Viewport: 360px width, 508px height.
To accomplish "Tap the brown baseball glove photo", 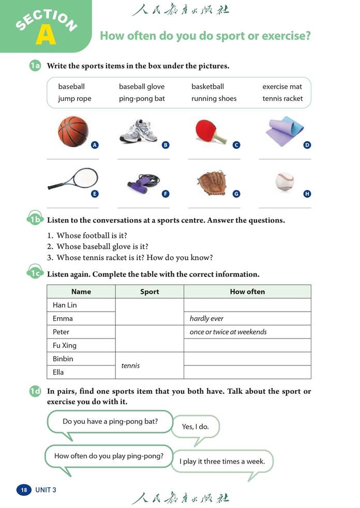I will tap(212, 181).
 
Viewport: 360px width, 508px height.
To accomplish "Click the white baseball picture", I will tap(284, 181).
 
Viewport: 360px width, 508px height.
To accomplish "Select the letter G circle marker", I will tap(236, 194).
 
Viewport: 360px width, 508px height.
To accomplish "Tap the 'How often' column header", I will tap(247, 291).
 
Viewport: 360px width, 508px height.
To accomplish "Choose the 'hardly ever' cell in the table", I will tap(207, 318).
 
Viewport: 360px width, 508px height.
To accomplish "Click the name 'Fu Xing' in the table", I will tap(65, 345).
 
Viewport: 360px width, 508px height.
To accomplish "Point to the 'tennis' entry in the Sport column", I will tap(130, 365).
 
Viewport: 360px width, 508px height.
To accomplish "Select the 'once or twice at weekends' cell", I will tap(228, 332).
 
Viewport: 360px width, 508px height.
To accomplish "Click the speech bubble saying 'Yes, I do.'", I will tap(194, 427).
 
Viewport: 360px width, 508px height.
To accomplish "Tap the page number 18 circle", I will tap(23, 489).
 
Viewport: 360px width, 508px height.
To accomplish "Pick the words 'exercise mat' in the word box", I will tap(282, 86).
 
